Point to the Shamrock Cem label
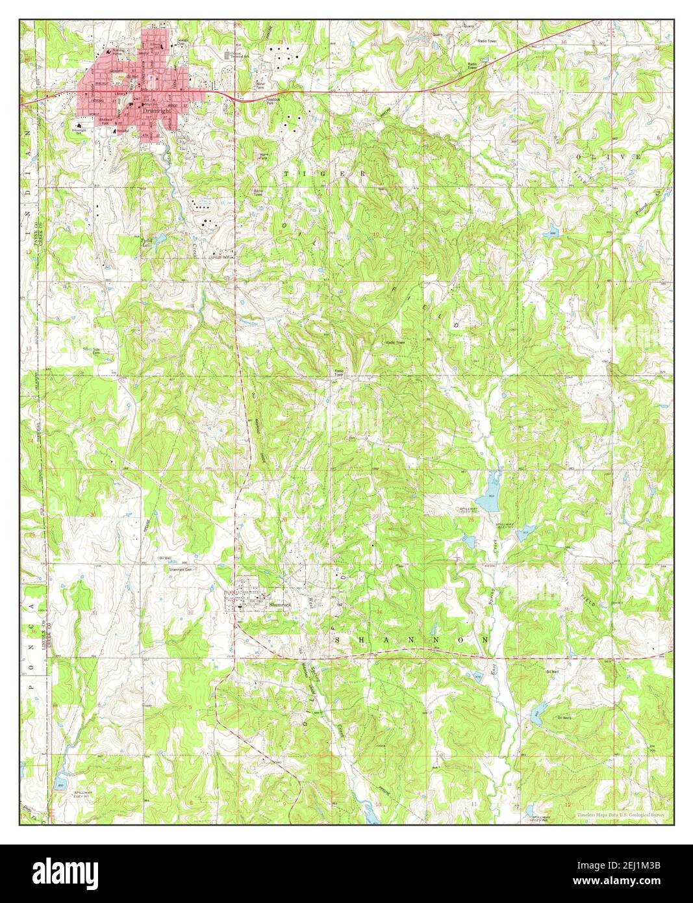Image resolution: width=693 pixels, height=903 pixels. point(181,570)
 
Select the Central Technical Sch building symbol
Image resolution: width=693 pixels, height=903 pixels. point(227,55)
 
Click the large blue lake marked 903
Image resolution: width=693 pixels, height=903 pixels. point(490,484)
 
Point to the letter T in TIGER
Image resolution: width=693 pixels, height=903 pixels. point(286,174)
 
